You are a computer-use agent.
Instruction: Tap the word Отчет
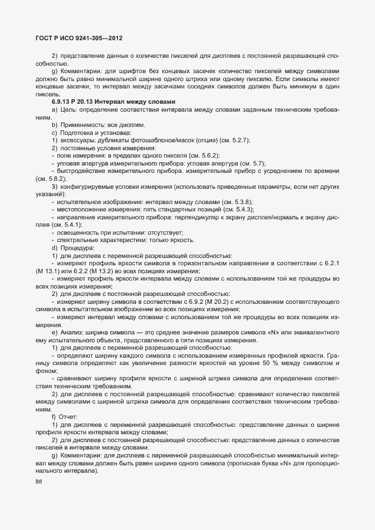70,417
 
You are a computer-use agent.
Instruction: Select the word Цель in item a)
68,109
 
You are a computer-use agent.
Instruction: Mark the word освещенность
78,233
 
